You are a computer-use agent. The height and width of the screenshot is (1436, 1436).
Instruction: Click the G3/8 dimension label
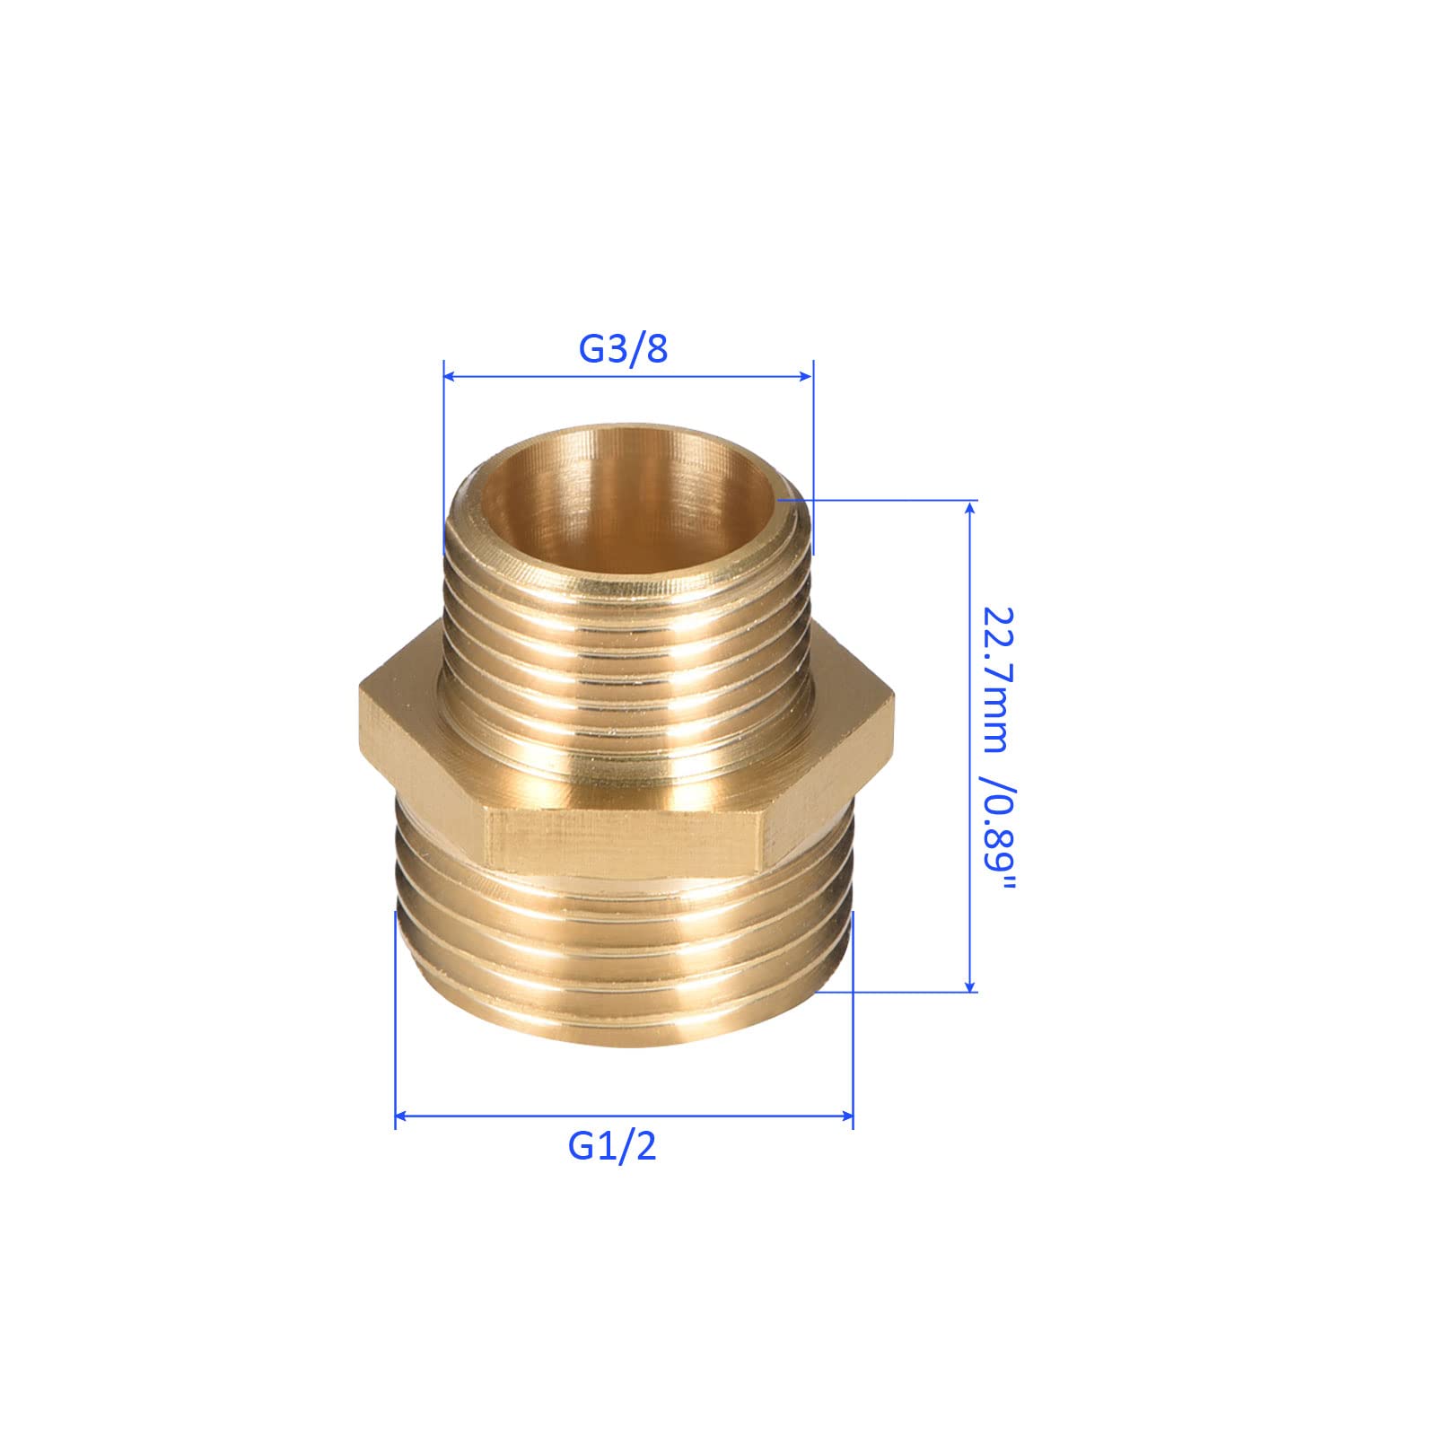point(623,348)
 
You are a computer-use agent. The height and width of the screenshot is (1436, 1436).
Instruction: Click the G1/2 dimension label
point(612,1146)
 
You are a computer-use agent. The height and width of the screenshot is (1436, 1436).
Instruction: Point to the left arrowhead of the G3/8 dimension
point(451,377)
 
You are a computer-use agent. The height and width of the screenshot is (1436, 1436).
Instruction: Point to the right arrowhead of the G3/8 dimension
point(805,377)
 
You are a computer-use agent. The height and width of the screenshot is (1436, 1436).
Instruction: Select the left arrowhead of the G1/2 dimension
point(403,1116)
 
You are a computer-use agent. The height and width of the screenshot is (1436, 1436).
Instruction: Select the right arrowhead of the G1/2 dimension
point(845,1116)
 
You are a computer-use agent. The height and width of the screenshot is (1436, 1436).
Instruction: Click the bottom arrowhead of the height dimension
point(968,985)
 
